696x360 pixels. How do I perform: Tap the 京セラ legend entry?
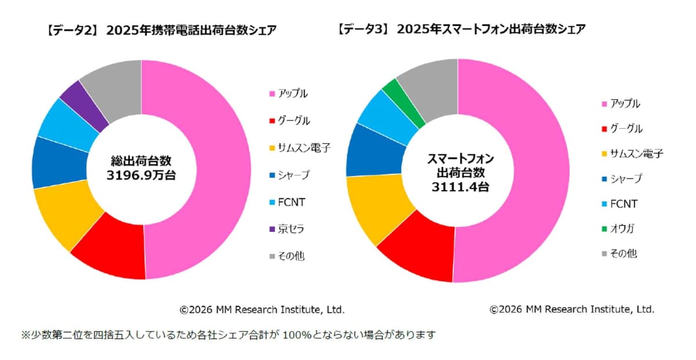click(x=290, y=229)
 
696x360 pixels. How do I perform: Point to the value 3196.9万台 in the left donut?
click(x=141, y=175)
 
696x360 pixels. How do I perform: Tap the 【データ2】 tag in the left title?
click(x=70, y=30)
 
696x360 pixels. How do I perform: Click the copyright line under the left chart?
click(x=262, y=310)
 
